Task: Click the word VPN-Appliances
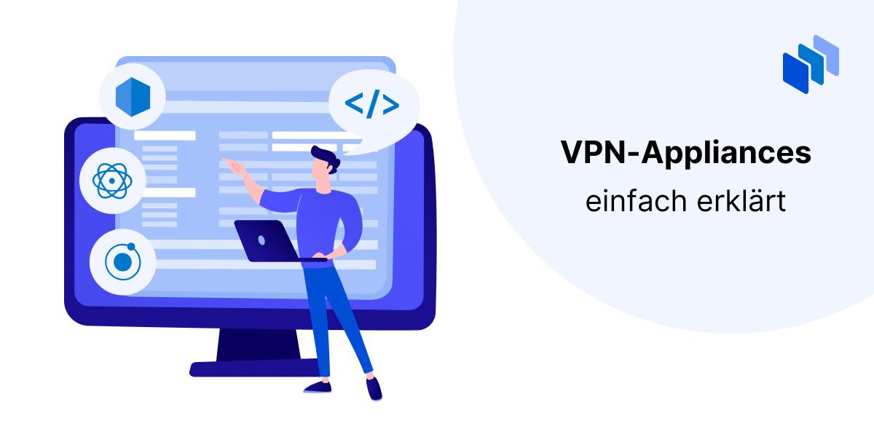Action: [686, 152]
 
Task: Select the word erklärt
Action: [741, 201]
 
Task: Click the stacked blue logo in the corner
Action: [811, 64]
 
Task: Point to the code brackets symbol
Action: [372, 103]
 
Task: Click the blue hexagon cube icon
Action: [133, 97]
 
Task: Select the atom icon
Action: [112, 181]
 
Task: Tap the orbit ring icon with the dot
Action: [122, 261]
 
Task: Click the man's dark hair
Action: [326, 157]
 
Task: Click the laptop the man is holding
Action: [273, 241]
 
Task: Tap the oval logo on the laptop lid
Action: [261, 240]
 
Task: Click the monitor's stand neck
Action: [259, 345]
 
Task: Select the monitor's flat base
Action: [253, 369]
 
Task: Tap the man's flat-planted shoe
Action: [318, 387]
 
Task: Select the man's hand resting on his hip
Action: [336, 252]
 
